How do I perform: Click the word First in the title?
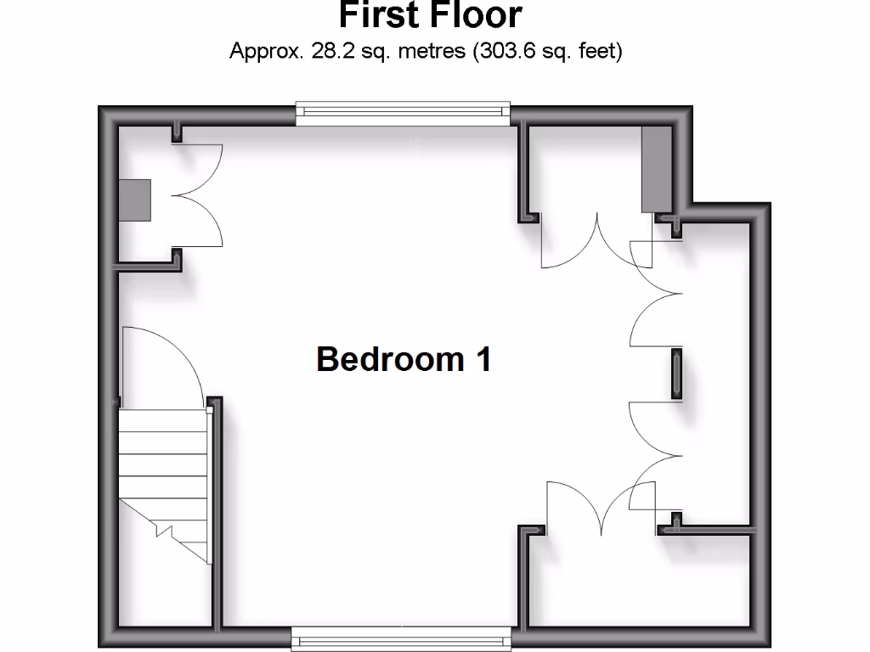point(380,15)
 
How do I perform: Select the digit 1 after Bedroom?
point(483,359)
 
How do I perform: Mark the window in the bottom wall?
point(403,638)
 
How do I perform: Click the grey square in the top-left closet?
point(134,200)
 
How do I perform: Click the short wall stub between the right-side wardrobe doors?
point(677,374)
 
